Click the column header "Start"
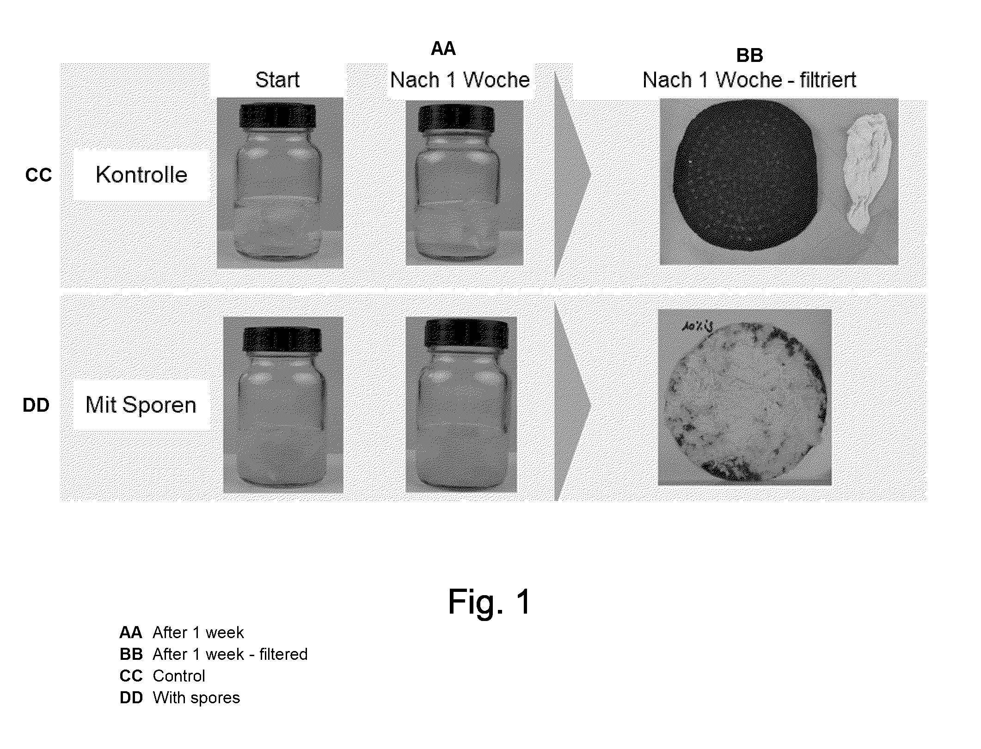click(x=277, y=80)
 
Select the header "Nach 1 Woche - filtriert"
click(x=749, y=80)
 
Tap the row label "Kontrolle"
click(x=141, y=175)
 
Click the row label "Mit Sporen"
click(x=141, y=405)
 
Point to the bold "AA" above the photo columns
click(x=443, y=49)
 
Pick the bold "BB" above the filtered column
click(x=749, y=55)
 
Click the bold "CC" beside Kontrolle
click(x=39, y=175)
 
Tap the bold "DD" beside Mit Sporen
click(x=36, y=405)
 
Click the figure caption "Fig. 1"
click(x=490, y=602)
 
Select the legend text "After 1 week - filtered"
click(x=230, y=654)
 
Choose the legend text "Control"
click(x=179, y=676)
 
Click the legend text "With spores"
click(x=196, y=698)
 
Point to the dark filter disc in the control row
click(x=746, y=176)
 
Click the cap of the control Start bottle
click(x=278, y=116)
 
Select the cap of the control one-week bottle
click(x=456, y=119)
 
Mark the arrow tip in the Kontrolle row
click(x=591, y=174)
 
